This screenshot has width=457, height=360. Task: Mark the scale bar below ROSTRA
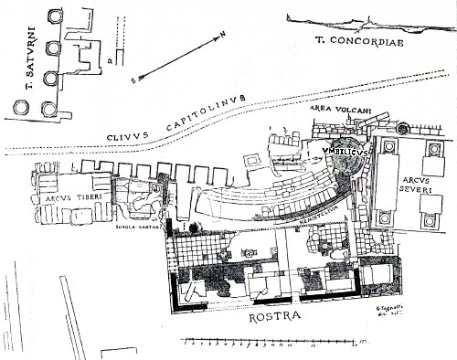[247, 345]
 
